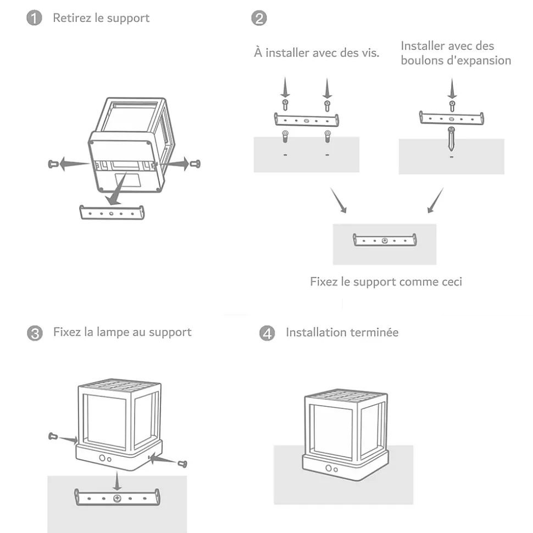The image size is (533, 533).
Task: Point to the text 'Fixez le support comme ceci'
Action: (386, 282)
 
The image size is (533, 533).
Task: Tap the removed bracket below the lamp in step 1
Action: (113, 211)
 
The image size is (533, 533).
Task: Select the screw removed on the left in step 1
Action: (53, 163)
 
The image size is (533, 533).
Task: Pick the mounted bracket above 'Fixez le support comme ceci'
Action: (385, 240)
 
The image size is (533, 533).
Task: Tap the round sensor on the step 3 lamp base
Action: (102, 458)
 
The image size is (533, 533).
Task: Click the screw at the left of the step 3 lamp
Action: (54, 436)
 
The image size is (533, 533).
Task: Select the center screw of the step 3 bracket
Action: (117, 498)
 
